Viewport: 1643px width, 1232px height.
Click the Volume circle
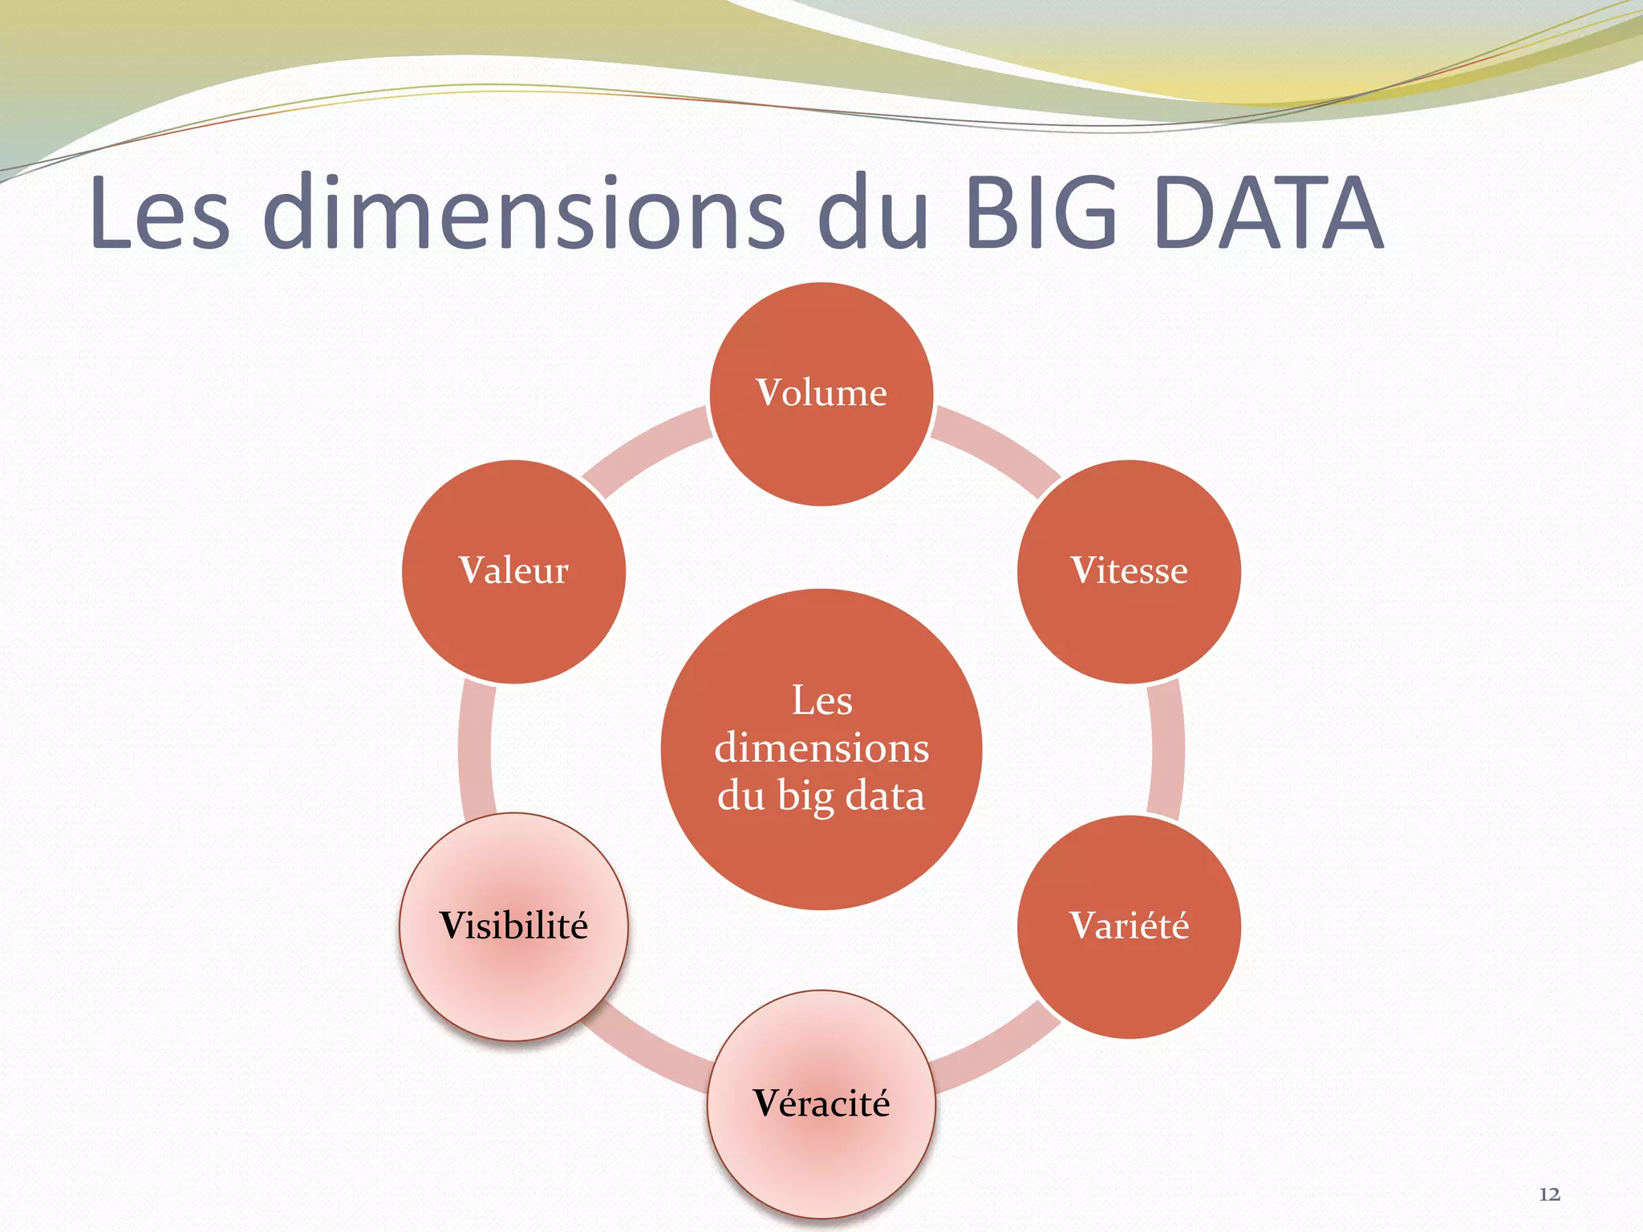coord(821,394)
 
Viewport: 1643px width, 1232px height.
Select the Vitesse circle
coord(1129,571)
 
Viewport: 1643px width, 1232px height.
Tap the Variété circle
coord(1129,926)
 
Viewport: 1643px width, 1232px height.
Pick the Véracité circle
coord(821,1104)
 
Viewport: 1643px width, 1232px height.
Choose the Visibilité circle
coord(513,926)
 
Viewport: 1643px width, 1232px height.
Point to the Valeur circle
coord(513,571)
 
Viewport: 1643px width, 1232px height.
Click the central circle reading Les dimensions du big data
coord(821,749)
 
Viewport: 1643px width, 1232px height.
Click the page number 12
coord(1549,1194)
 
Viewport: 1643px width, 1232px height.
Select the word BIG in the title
coord(1042,213)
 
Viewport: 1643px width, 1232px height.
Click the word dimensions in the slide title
coord(524,213)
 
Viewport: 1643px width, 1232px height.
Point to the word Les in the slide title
coord(160,213)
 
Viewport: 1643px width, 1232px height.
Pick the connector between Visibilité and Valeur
coord(476,749)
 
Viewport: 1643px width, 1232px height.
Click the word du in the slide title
coord(873,213)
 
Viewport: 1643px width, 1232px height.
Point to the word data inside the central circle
coord(885,796)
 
